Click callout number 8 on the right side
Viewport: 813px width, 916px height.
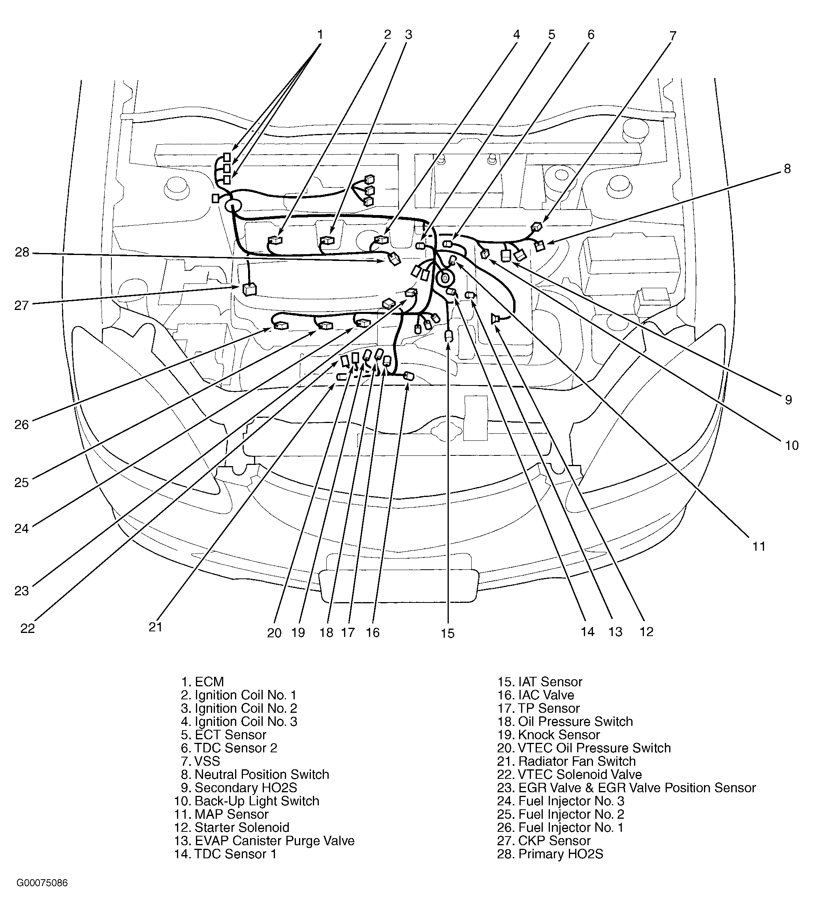tap(787, 169)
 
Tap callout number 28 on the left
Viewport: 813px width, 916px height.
tap(22, 252)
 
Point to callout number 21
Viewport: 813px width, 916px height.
tap(155, 627)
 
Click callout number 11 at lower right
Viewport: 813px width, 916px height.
tap(759, 546)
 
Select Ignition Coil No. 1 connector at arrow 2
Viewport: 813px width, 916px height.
tap(275, 240)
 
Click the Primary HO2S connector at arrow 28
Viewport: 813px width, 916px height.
tap(394, 259)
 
